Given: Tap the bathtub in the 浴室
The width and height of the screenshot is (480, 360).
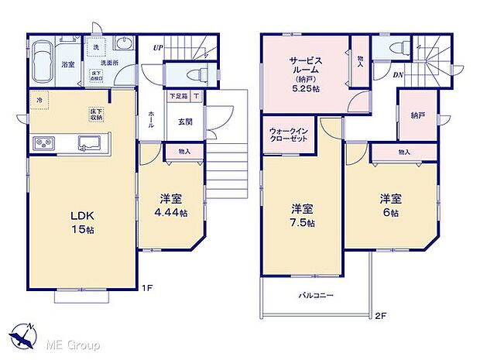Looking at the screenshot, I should (44, 59).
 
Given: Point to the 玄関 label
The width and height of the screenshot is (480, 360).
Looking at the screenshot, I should (186, 121).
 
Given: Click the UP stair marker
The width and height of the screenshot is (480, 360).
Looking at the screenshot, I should (158, 47).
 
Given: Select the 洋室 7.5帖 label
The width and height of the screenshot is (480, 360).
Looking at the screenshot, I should (303, 215).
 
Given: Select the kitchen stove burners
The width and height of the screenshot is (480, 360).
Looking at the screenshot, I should (43, 144).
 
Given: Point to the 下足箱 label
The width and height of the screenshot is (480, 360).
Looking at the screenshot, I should (178, 97).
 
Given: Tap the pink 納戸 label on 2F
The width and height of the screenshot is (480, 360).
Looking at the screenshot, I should (418, 115).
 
